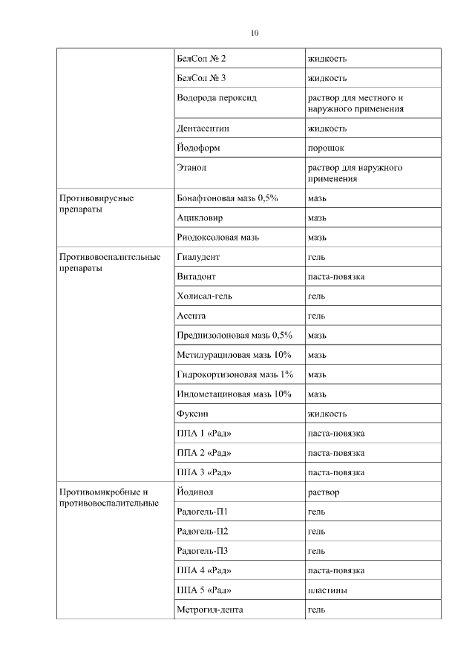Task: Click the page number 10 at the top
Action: (255, 33)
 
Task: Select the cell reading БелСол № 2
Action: (197, 58)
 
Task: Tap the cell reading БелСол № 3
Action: (197, 78)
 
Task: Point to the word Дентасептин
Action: (203, 128)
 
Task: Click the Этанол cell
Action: (191, 168)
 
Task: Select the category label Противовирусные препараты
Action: (96, 204)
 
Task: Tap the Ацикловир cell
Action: (200, 218)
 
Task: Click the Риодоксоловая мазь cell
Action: (218, 238)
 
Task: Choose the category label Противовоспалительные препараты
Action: (110, 263)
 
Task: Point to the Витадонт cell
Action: (197, 277)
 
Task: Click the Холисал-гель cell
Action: (204, 296)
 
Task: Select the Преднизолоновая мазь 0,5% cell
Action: (235, 335)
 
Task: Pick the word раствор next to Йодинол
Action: (324, 492)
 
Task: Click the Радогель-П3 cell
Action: (203, 551)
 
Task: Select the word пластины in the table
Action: (328, 590)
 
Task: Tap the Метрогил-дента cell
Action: (210, 610)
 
